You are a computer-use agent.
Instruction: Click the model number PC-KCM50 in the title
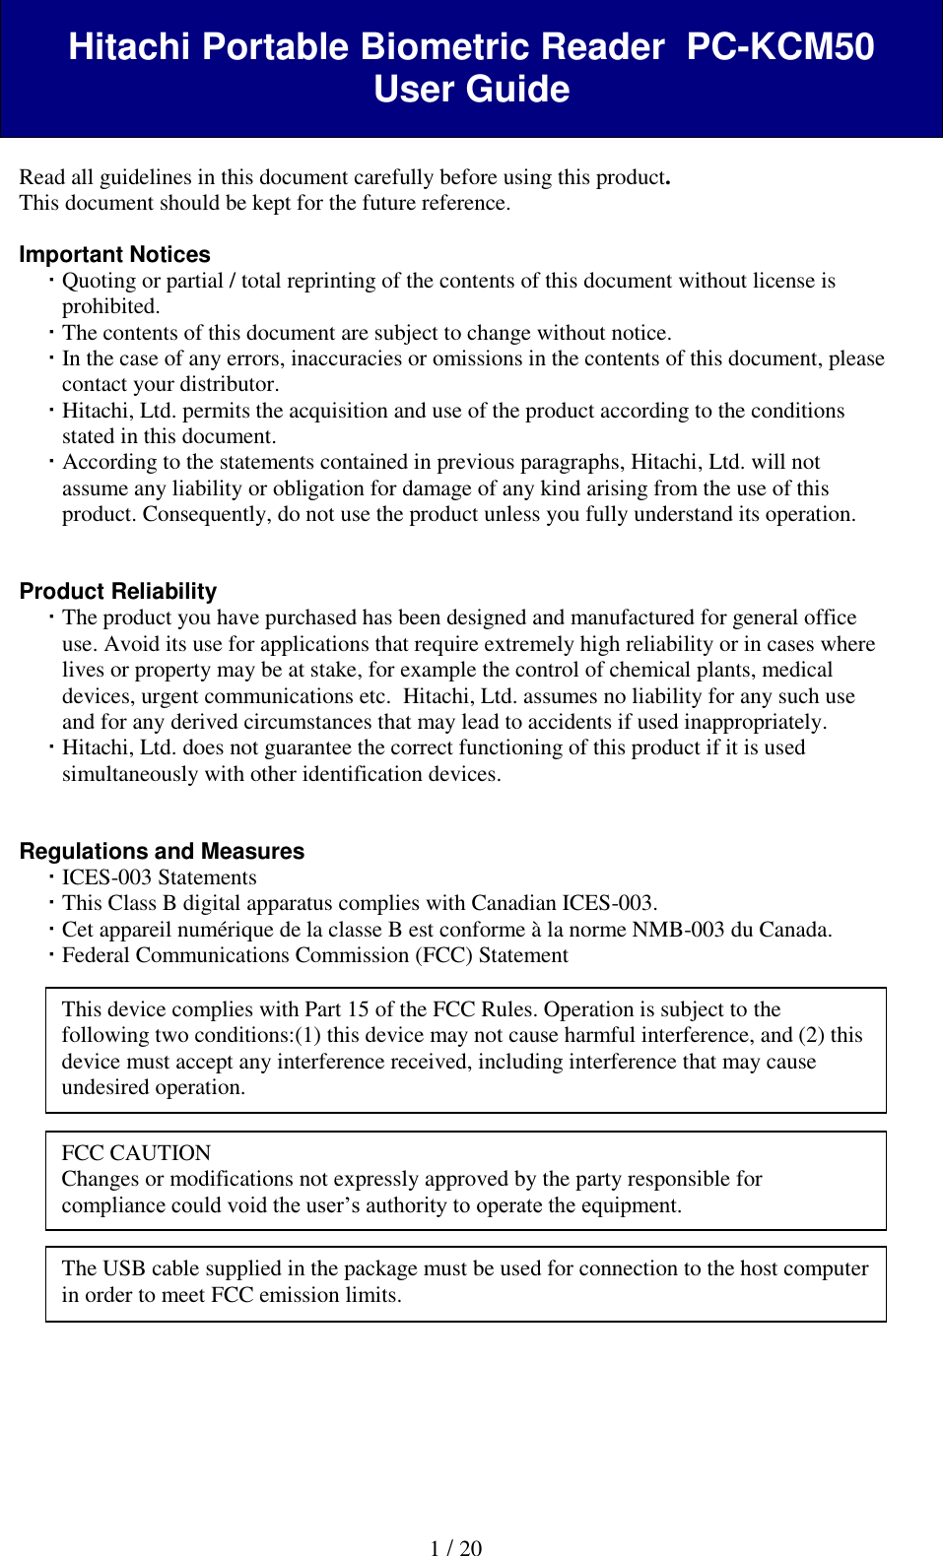tap(779, 47)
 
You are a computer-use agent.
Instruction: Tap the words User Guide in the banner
tap(471, 90)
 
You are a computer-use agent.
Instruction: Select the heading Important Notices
tap(114, 255)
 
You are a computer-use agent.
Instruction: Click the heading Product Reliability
tap(118, 592)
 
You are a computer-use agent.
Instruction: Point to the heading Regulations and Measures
tap(162, 852)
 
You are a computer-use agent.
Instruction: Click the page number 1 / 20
tap(456, 1548)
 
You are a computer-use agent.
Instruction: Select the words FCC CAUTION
tap(136, 1153)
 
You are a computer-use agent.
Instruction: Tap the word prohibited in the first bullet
tap(109, 306)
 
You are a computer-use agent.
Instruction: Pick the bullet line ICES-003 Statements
tap(159, 877)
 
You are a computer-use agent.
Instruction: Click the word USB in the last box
tap(124, 1268)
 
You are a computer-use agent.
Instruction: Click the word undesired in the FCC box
tap(103, 1087)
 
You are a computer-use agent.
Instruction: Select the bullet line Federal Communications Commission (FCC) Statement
tap(314, 955)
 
